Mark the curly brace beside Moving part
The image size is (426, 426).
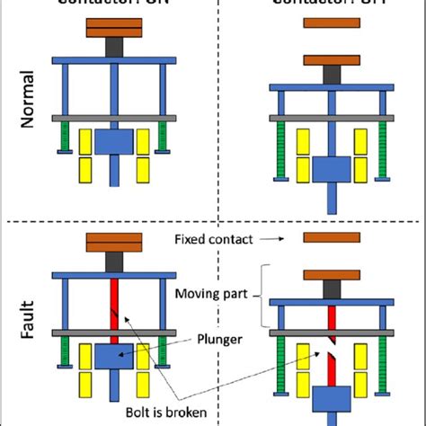pyautogui.click(x=262, y=296)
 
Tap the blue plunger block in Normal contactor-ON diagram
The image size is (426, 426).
pyautogui.click(x=114, y=141)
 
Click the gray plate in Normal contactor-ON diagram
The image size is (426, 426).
pyautogui.click(x=114, y=118)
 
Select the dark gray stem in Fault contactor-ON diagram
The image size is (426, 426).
pyautogui.click(x=114, y=261)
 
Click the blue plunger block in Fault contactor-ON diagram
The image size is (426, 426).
pyautogui.click(x=114, y=356)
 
